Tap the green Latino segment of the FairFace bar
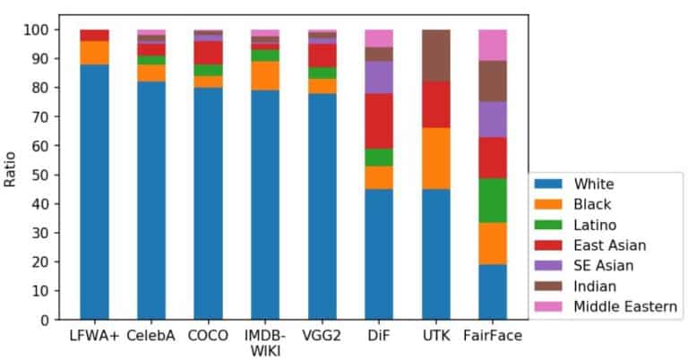(x=492, y=201)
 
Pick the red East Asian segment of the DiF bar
(x=378, y=121)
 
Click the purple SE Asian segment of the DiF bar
(x=378, y=77)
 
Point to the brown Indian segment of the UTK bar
(x=435, y=56)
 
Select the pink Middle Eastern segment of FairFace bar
(x=492, y=45)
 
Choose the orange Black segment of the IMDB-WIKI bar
(x=264, y=75)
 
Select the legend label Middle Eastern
(x=625, y=307)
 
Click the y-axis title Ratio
(x=12, y=168)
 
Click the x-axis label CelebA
(x=150, y=336)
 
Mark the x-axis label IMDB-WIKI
(x=264, y=342)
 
